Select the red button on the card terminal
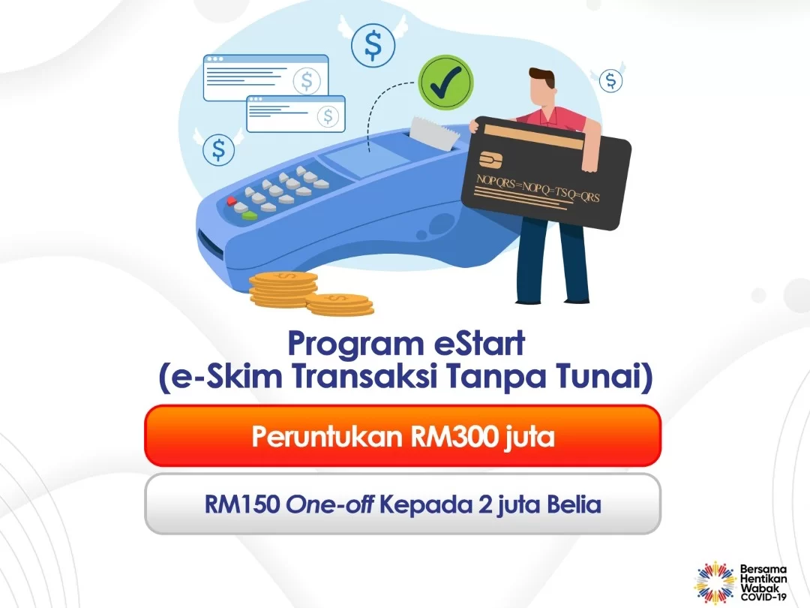[x=232, y=201]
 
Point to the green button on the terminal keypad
[x=249, y=215]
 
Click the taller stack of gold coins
[x=283, y=287]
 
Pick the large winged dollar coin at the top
[x=373, y=44]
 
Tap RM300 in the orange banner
[x=448, y=436]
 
